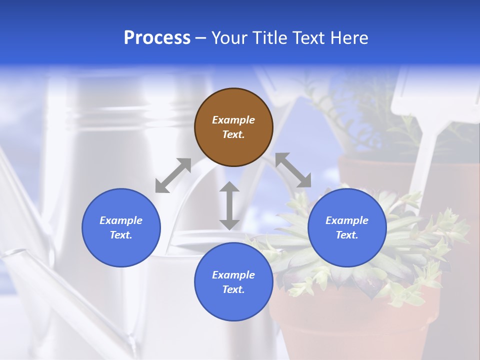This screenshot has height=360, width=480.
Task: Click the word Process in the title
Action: coord(157,38)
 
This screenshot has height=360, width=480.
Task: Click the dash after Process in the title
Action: coord(200,38)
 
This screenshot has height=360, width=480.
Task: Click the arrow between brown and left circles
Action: coord(173,175)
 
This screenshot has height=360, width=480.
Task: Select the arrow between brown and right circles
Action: coord(293,170)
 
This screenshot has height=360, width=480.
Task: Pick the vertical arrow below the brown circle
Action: coord(229,205)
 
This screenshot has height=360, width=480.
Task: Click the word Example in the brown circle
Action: coord(233,120)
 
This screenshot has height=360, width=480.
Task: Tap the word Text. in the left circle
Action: coord(121,235)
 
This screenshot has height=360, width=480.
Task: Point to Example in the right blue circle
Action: coord(347,220)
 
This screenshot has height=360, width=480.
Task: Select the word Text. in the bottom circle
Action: coord(233,289)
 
